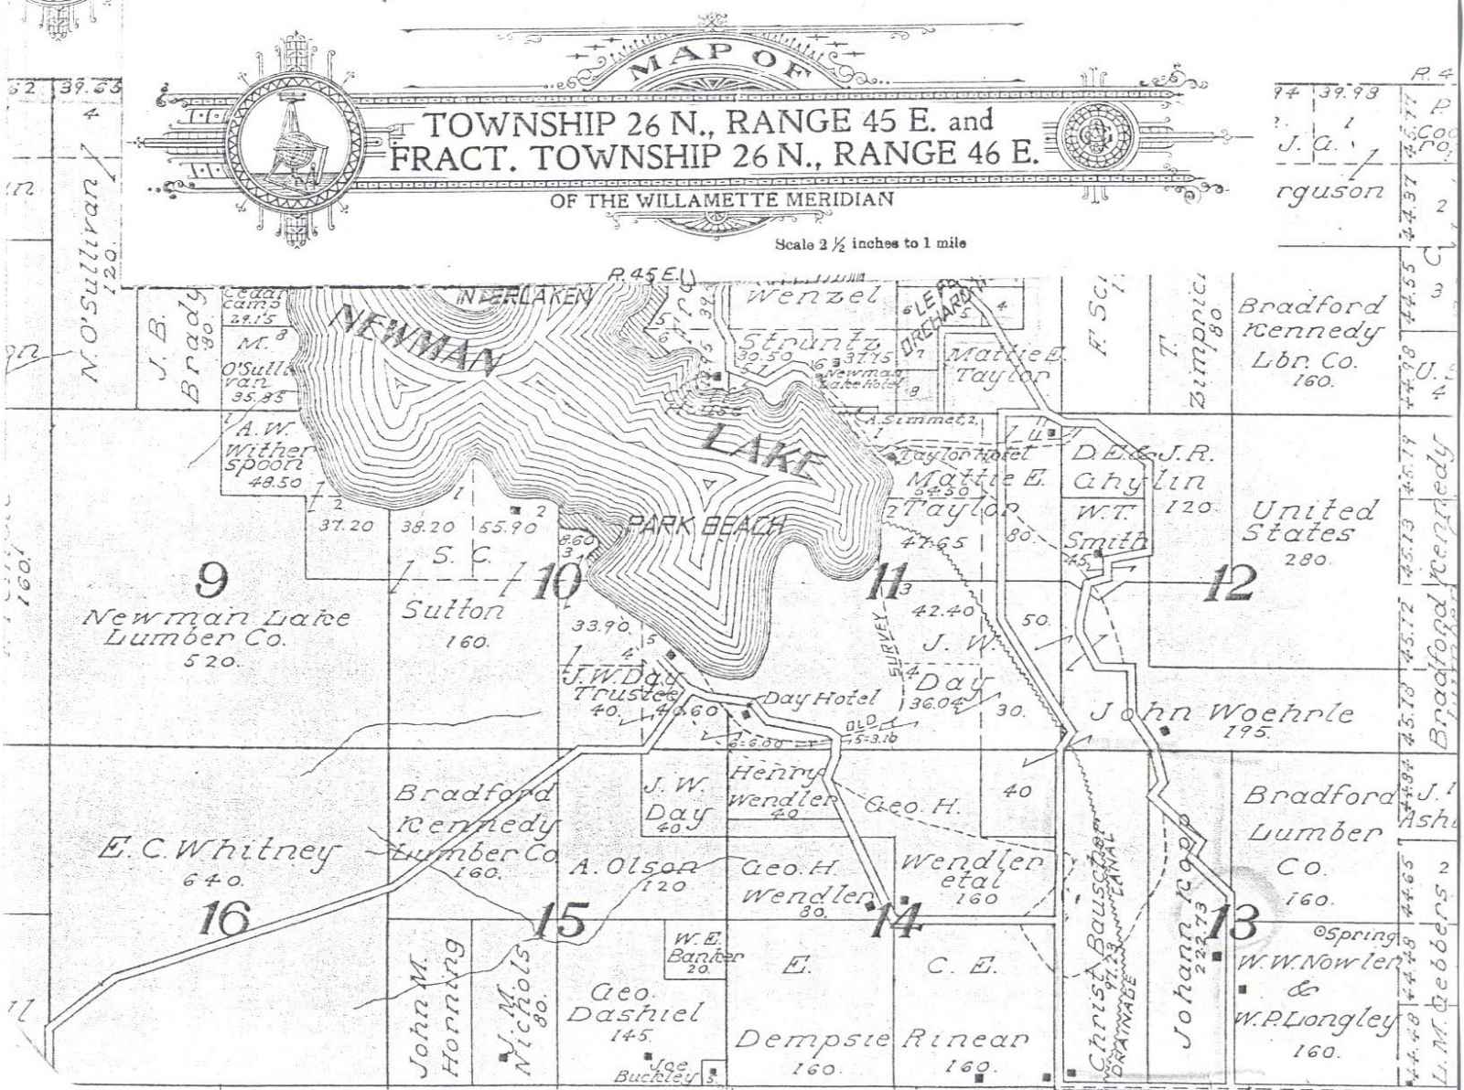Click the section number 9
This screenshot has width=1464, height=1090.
click(x=212, y=577)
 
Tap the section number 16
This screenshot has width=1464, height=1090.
click(x=223, y=918)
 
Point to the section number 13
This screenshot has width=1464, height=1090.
click(x=1232, y=921)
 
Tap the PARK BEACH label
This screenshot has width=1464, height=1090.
click(x=705, y=525)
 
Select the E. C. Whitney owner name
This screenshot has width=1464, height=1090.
click(x=217, y=851)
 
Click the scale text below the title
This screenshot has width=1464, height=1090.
click(x=870, y=243)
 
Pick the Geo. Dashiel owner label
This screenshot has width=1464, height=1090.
click(x=633, y=1003)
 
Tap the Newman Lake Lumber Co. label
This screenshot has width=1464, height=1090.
click(x=216, y=627)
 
